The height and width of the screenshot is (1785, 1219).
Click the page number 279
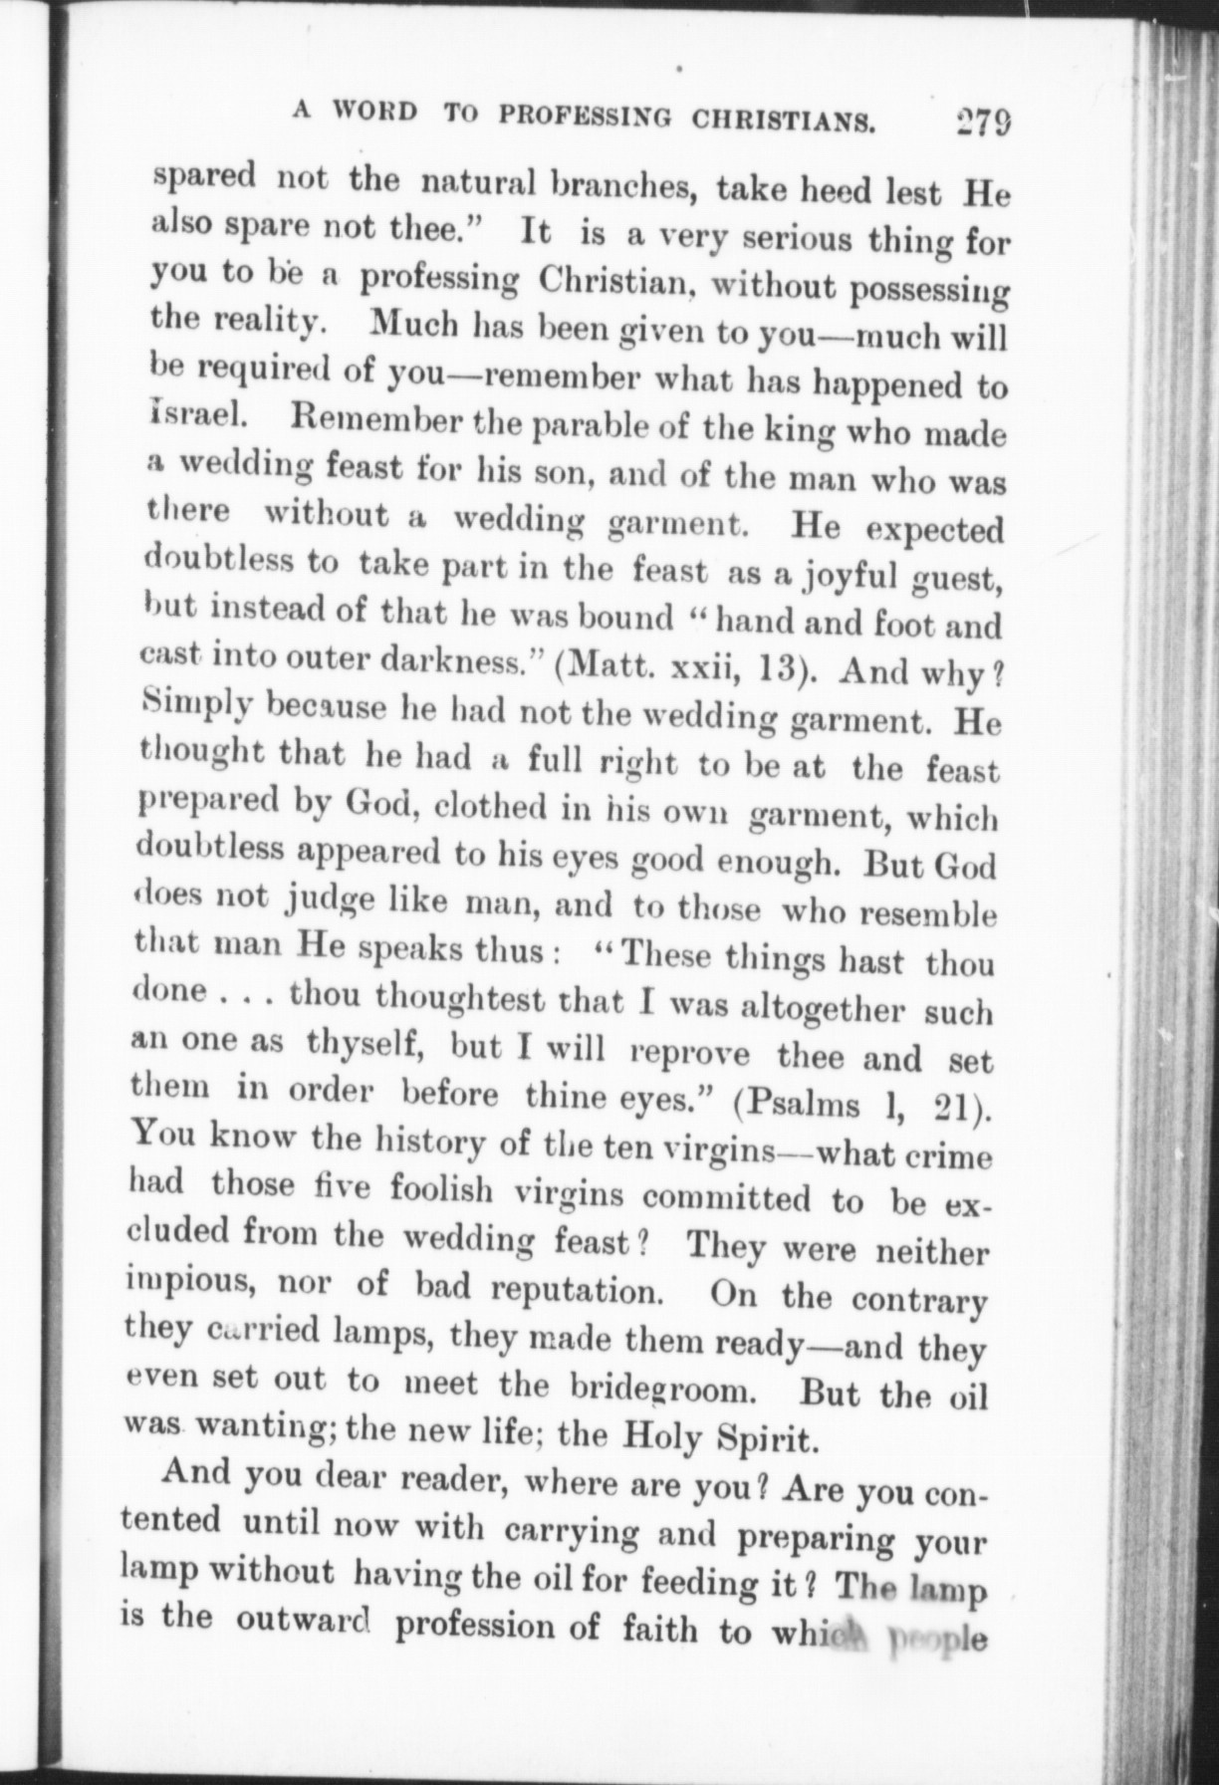[x=982, y=123]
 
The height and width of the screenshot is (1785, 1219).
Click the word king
[x=779, y=432]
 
